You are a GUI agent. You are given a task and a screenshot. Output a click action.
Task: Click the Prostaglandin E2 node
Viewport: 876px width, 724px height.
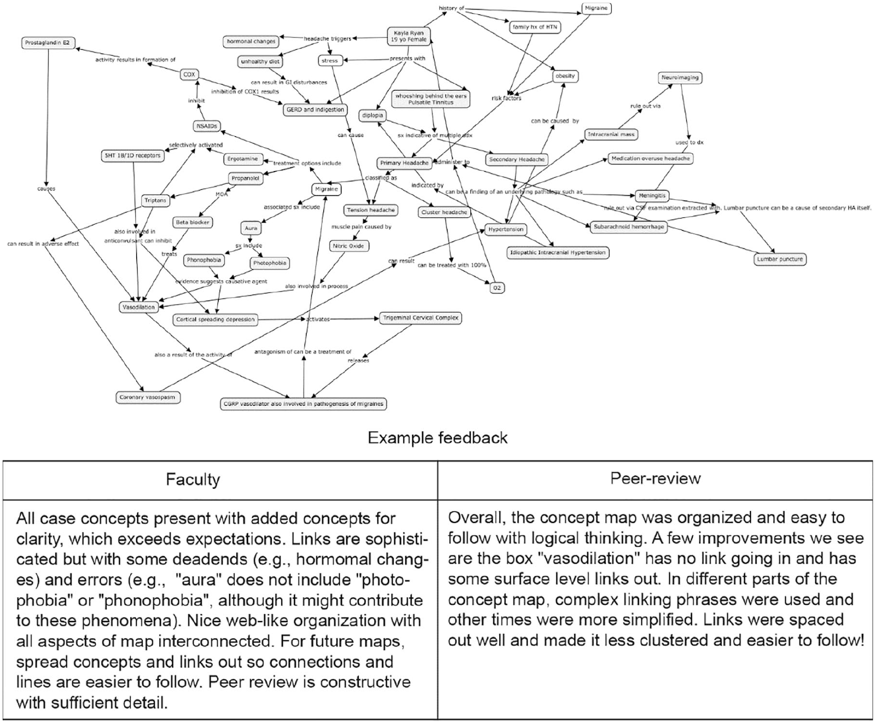(47, 43)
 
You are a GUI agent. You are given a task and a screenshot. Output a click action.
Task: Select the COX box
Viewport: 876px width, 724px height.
(189, 74)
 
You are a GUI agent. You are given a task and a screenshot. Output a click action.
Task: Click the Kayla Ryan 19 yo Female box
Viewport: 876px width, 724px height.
(409, 36)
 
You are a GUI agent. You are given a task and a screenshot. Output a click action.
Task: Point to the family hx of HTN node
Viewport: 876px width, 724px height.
(535, 27)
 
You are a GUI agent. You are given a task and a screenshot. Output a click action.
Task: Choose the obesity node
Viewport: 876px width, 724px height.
(565, 76)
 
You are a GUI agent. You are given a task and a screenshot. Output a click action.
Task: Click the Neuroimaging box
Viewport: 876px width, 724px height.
(680, 78)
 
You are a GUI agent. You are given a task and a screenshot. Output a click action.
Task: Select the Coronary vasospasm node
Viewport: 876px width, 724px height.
(147, 397)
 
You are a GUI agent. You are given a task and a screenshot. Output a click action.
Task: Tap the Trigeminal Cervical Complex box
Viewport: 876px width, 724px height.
(421, 318)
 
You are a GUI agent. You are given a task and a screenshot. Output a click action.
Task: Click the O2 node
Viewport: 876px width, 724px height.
(497, 288)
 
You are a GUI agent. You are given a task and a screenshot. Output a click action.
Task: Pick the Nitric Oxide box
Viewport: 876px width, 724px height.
(348, 246)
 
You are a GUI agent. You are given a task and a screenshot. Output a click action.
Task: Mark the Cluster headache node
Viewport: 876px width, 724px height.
(444, 212)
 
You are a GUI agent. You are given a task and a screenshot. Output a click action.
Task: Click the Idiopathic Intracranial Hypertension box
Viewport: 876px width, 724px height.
(557, 253)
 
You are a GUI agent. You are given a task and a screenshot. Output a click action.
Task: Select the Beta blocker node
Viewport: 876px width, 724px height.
(193, 223)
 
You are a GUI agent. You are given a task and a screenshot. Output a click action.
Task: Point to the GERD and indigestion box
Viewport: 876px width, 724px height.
(315, 110)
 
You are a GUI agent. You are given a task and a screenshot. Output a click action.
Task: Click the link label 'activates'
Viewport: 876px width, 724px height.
(318, 319)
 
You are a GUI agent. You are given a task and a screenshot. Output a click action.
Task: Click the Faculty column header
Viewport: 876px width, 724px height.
(193, 479)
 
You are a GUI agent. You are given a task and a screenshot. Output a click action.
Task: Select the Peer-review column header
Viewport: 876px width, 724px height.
(655, 478)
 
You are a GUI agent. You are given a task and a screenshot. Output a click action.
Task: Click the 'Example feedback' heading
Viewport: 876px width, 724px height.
(437, 437)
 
